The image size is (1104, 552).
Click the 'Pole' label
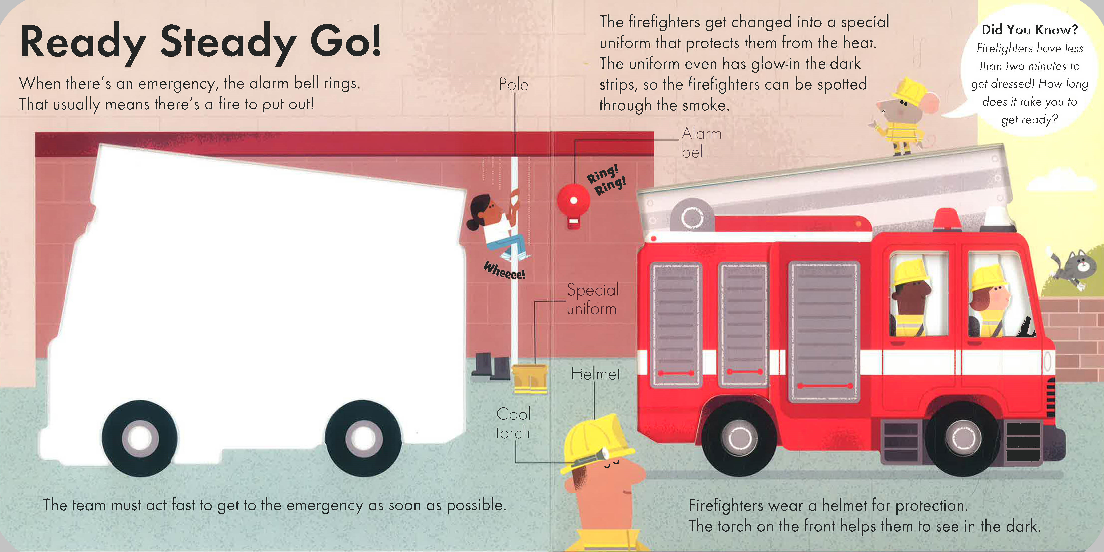click(x=514, y=84)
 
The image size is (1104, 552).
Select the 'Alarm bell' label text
click(x=701, y=142)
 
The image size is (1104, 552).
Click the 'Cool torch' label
click(x=513, y=423)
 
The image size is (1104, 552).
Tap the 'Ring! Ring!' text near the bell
click(x=606, y=180)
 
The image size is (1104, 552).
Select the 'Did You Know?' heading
click(x=1030, y=30)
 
